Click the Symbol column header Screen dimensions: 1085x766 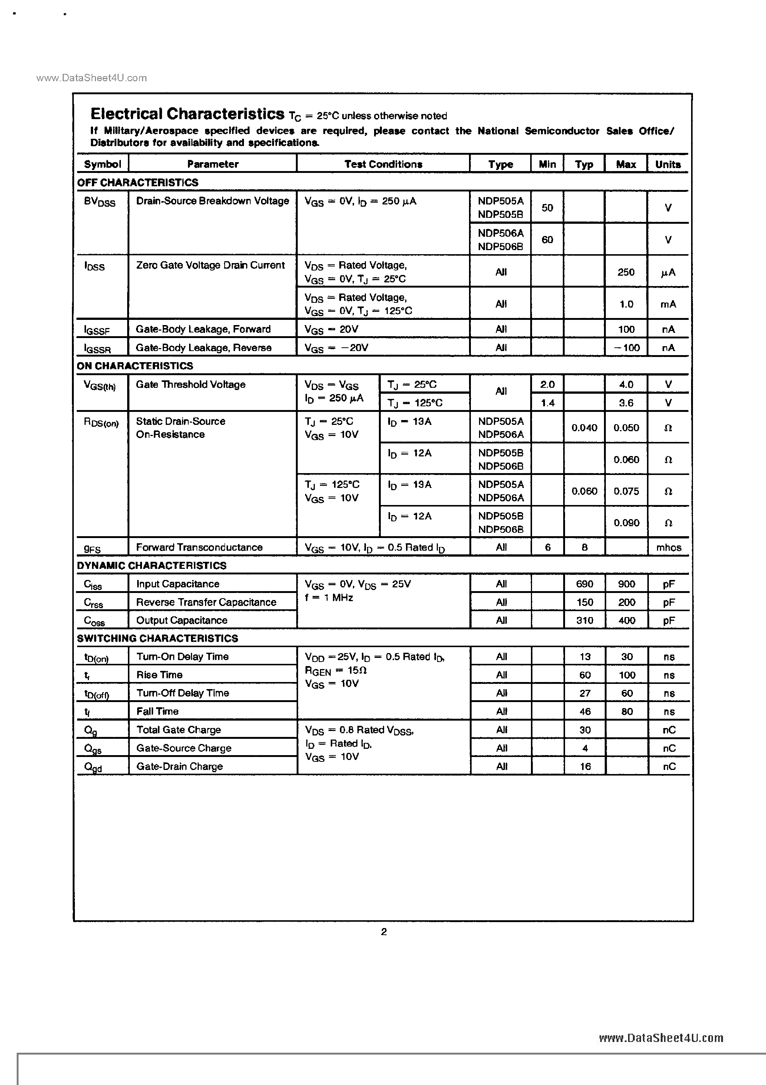(102, 164)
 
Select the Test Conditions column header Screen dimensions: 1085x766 (383, 164)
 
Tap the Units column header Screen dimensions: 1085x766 (668, 164)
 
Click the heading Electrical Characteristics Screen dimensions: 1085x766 (187, 114)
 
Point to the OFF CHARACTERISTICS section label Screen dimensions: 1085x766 (138, 183)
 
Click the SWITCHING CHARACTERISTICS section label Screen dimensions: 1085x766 (157, 639)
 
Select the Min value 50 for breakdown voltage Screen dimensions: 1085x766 (547, 208)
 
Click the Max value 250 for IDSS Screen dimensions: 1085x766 (626, 272)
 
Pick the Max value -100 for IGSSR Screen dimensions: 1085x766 (627, 348)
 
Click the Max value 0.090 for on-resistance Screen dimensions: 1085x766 (626, 523)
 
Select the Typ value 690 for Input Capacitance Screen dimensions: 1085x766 (584, 584)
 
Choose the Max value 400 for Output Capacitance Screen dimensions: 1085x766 (627, 620)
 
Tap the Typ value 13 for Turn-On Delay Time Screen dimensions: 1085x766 (585, 657)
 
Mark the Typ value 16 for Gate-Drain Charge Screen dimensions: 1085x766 (585, 767)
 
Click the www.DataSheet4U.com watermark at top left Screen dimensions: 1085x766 (91, 78)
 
